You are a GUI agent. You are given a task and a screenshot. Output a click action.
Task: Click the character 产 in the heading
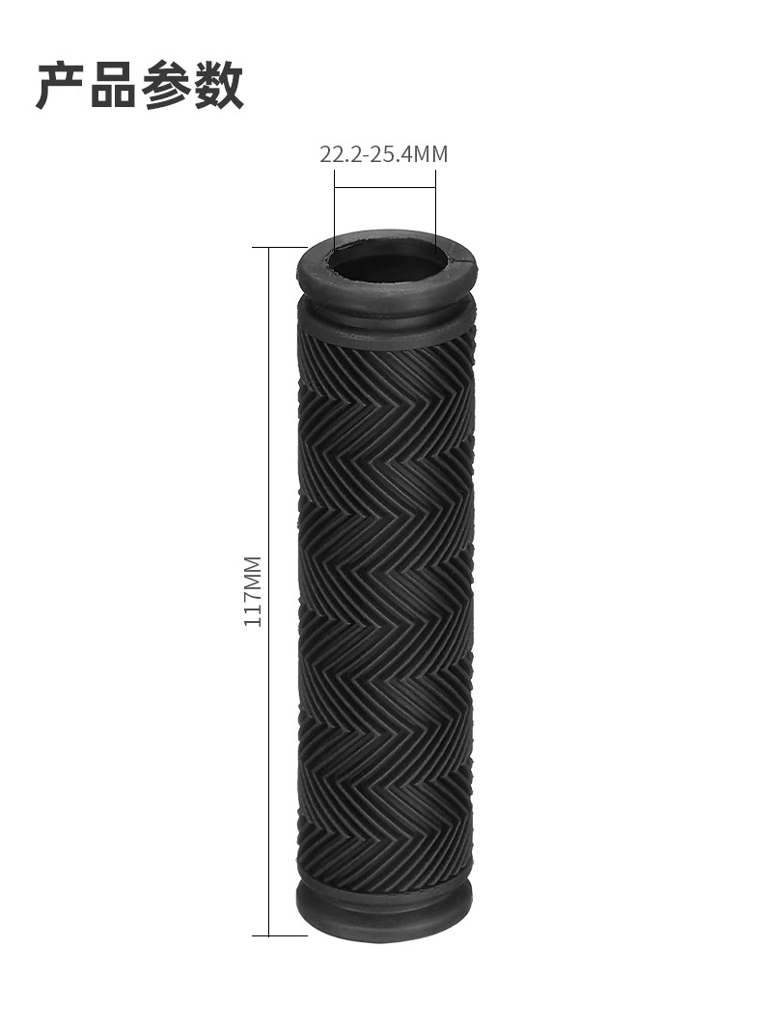(61, 85)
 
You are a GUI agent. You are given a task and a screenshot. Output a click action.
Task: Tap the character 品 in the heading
(113, 85)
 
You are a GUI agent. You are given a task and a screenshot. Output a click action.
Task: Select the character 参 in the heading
(165, 85)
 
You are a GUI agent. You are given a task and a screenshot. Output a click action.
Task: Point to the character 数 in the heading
(218, 85)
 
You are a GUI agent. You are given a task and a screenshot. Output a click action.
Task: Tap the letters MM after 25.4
(430, 154)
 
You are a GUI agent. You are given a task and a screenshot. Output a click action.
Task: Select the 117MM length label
(253, 591)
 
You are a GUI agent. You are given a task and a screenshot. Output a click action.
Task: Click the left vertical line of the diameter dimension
(334, 210)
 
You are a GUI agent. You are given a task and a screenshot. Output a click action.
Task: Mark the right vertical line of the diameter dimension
(435, 210)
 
